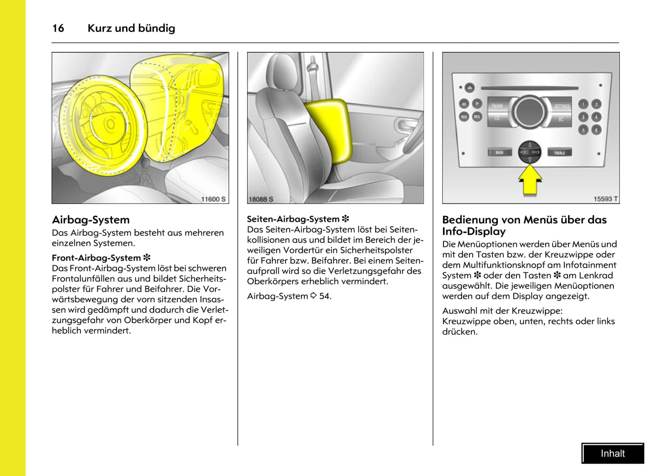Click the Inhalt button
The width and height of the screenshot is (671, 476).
612,453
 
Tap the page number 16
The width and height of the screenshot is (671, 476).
58,28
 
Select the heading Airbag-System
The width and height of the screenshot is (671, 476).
91,220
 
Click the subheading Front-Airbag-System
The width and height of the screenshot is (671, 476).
96,258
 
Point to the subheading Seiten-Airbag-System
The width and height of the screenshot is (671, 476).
293,219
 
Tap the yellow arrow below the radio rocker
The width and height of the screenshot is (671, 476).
530,180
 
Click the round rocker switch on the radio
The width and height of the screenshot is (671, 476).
529,152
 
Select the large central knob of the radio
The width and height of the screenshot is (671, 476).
530,112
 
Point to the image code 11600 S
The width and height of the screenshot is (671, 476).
213,199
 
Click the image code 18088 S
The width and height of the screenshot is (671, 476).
261,199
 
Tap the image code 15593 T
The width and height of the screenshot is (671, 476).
606,199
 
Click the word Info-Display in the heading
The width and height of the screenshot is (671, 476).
474,232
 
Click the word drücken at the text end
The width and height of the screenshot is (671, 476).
459,332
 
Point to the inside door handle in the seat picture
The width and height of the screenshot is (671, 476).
404,124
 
